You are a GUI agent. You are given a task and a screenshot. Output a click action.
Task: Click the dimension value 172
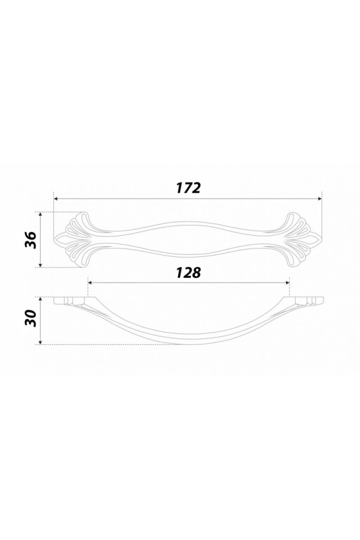[188, 188]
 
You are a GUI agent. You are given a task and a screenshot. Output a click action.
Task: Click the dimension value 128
[188, 273]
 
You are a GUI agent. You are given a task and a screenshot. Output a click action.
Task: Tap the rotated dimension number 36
[31, 240]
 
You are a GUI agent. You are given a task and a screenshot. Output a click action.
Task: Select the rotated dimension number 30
[31, 319]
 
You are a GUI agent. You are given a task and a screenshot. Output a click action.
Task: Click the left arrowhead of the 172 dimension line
[56, 199]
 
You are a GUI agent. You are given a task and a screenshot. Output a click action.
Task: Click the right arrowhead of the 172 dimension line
[319, 199]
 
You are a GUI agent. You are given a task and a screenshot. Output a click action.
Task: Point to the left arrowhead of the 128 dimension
[91, 283]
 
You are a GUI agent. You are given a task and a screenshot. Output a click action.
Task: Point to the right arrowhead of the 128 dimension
[287, 283]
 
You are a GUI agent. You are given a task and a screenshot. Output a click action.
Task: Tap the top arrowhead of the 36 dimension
[41, 215]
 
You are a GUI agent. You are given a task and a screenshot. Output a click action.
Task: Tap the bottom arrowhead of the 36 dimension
[41, 265]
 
